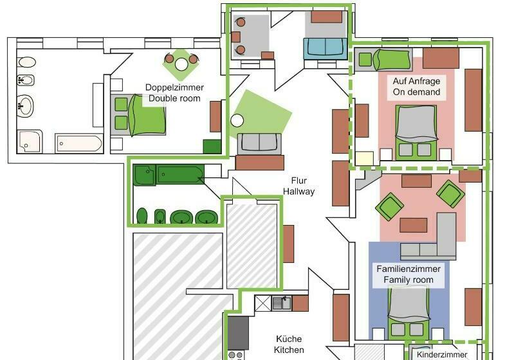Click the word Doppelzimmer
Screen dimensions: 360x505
coord(174,87)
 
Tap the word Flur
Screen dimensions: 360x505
coord(298,181)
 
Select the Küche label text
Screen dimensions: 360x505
coord(289,339)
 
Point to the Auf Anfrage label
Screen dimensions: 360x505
coord(417,82)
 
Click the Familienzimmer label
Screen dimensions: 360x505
coord(409,269)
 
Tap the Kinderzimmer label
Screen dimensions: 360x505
coord(443,354)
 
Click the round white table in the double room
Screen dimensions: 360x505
coord(181,64)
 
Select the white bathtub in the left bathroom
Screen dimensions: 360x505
coord(78,143)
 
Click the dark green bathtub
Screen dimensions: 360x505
coord(181,174)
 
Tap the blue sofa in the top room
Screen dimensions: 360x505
coord(325,48)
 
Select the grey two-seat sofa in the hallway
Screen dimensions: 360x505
coord(259,143)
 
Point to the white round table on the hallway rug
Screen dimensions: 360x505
coord(237,120)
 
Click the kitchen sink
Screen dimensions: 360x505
coord(281,303)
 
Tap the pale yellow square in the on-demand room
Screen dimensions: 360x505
coord(364,158)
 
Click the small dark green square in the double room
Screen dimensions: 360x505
coord(212,146)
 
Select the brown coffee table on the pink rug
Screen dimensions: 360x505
coord(413,225)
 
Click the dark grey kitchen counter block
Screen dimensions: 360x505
coord(238,332)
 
